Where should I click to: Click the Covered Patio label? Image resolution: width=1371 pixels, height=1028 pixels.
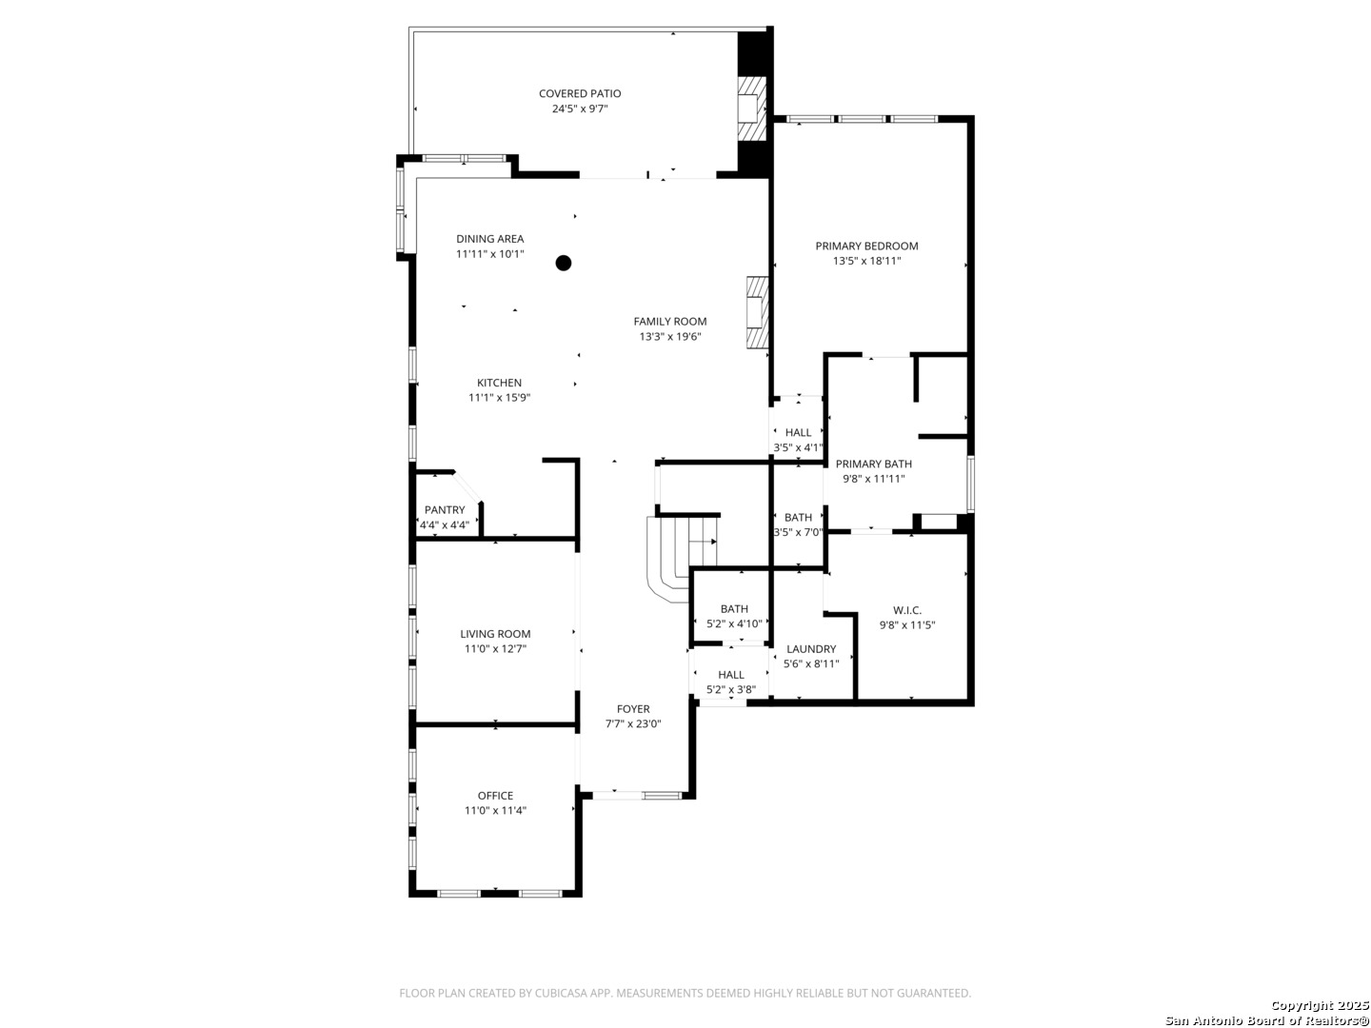click(580, 93)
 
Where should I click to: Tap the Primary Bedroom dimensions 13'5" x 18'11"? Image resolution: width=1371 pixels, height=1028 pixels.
click(866, 261)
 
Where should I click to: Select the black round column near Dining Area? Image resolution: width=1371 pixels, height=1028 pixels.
click(564, 263)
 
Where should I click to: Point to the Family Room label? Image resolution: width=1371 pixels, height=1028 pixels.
click(670, 322)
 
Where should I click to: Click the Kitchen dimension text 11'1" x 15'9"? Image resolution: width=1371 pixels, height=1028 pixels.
click(499, 398)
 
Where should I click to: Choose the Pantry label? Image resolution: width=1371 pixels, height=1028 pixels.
click(445, 510)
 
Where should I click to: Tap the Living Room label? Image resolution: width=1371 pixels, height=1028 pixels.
click(495, 634)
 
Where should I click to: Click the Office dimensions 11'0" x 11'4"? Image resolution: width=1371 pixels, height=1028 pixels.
click(495, 810)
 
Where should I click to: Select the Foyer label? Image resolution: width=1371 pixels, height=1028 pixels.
click(633, 708)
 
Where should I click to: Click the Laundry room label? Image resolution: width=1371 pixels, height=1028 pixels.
click(811, 648)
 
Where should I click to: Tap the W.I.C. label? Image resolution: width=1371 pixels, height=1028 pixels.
click(907, 610)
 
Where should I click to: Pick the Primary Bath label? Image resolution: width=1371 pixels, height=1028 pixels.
click(873, 464)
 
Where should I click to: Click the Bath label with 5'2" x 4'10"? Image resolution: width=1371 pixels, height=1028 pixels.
click(734, 608)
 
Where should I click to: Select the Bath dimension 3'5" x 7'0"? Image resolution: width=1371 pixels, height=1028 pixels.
click(798, 532)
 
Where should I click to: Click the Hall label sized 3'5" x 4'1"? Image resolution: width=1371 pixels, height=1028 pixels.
click(798, 432)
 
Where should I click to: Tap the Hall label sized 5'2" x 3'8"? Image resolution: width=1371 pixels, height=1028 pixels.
click(731, 674)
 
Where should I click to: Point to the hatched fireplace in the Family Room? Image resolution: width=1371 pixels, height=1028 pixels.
click(757, 312)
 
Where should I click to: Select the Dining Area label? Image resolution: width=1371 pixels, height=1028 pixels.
click(489, 238)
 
